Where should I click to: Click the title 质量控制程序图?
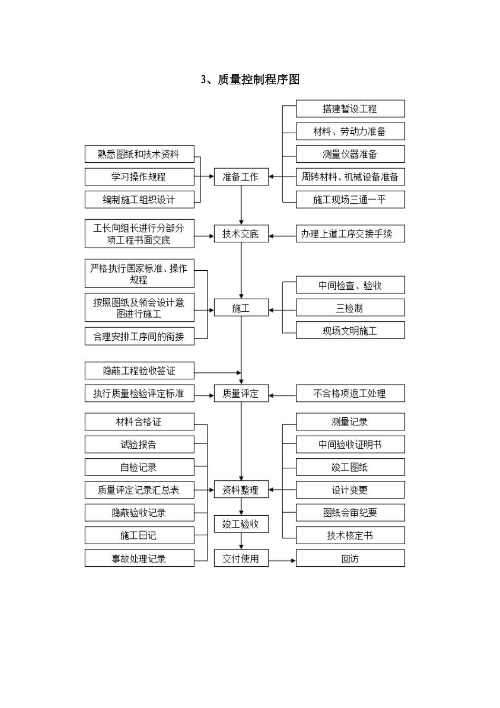(251, 80)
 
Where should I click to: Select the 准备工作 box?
(241, 177)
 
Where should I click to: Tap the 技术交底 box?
(241, 234)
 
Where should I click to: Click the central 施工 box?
(241, 308)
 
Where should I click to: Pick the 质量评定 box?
(241, 394)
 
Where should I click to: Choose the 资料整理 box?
(241, 490)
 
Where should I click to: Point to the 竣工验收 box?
(241, 524)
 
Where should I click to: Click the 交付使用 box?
(241, 558)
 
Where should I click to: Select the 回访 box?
(350, 558)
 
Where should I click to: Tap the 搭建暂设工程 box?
(350, 109)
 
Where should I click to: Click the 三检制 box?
(350, 308)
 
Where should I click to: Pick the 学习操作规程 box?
(139, 177)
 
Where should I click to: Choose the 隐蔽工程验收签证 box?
(139, 371)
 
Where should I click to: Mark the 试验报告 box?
(139, 445)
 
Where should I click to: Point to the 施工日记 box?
(139, 536)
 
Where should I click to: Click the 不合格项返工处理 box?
(350, 394)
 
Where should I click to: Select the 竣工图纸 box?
(350, 467)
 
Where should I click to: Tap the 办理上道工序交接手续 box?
(350, 234)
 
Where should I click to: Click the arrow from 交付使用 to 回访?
(282, 560)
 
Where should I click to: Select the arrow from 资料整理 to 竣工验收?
(242, 507)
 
